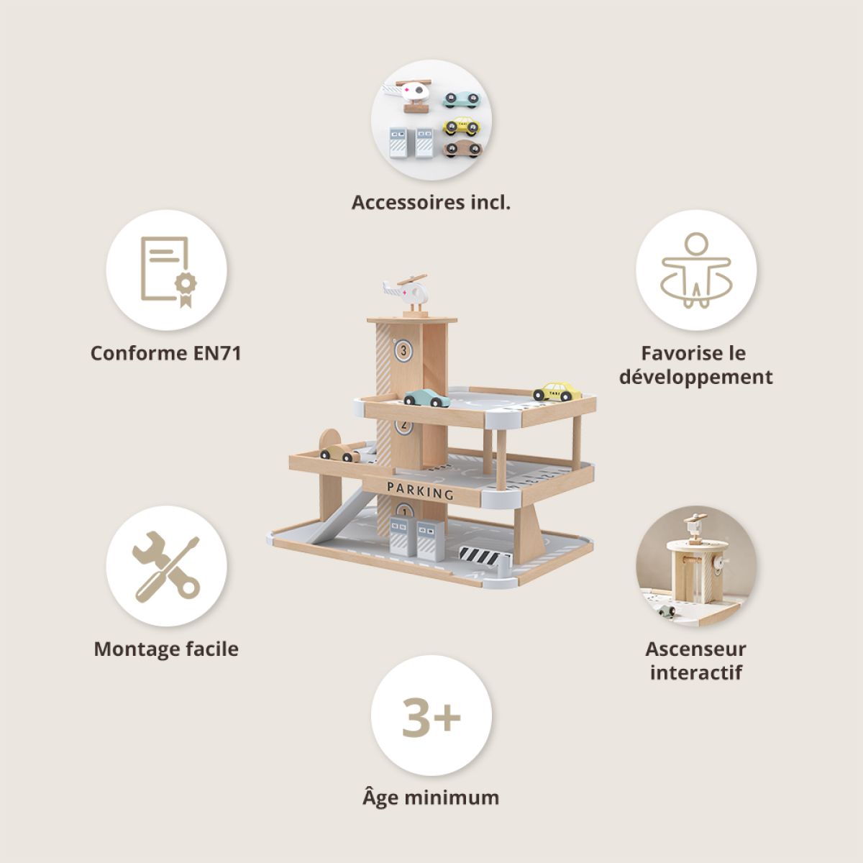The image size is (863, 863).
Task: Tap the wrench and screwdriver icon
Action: pos(166,566)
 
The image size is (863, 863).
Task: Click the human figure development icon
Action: pos(696,270)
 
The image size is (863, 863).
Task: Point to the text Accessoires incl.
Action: pos(431,202)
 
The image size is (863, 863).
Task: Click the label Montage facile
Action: pos(166,649)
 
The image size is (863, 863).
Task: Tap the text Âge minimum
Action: pos(431,798)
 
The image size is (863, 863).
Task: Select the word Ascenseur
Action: pos(695,649)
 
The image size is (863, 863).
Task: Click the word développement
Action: pos(696,377)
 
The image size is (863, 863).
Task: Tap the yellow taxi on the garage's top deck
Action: pos(557,391)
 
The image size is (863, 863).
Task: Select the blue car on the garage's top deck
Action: pos(426,398)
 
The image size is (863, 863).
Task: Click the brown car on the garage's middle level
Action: pos(340,453)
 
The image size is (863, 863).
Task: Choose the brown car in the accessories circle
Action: pos(463,148)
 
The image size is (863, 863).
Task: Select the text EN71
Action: pos(217,353)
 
